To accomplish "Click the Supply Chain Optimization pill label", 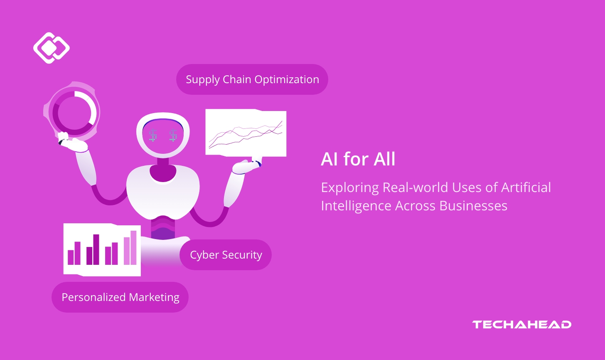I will pyautogui.click(x=252, y=79).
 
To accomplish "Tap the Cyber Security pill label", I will pyautogui.click(x=226, y=255).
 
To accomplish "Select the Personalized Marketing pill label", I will pyautogui.click(x=120, y=297).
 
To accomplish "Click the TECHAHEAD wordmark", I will pyautogui.click(x=521, y=325).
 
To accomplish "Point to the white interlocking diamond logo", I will pyautogui.click(x=51, y=48).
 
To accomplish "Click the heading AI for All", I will pyautogui.click(x=358, y=160).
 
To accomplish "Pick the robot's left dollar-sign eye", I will pyautogui.click(x=153, y=135).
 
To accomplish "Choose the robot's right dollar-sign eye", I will pyautogui.click(x=173, y=135).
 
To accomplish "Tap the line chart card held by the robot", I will pyautogui.click(x=246, y=133).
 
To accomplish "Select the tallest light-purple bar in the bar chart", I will pyautogui.click(x=133, y=247).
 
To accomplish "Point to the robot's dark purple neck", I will pyautogui.click(x=162, y=172).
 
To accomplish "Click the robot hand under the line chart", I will pyautogui.click(x=247, y=166).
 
